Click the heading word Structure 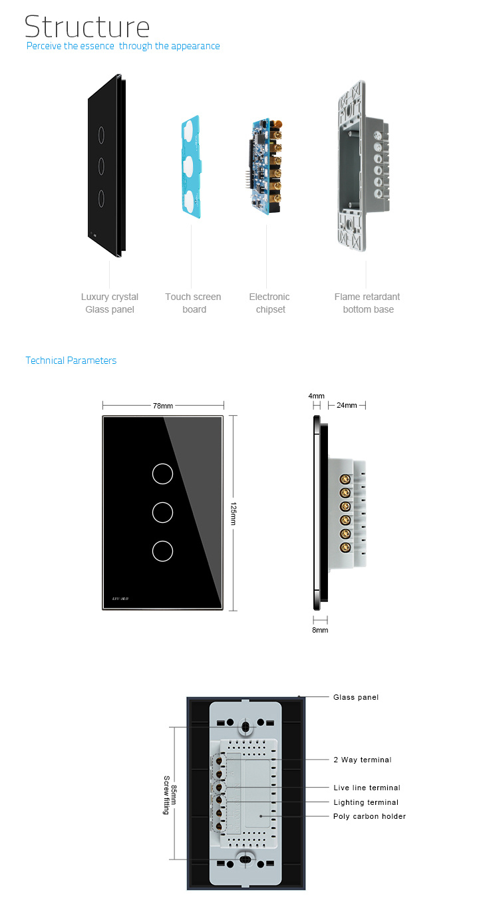(87, 27)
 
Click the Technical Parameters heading (71, 361)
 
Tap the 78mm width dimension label (163, 406)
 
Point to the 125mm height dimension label (234, 514)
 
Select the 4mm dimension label (317, 396)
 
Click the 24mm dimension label (347, 405)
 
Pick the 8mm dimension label (320, 630)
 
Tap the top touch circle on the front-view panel (162, 474)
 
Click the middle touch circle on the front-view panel (162, 513)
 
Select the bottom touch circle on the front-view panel (162, 551)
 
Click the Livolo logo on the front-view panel (120, 599)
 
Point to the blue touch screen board (192, 166)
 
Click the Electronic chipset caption (269, 303)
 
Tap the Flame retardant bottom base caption (367, 303)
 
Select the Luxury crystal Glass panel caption (110, 303)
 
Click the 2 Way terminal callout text (363, 760)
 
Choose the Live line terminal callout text (367, 788)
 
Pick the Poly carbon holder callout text (370, 816)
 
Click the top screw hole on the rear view (245, 727)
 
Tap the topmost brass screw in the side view (345, 480)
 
